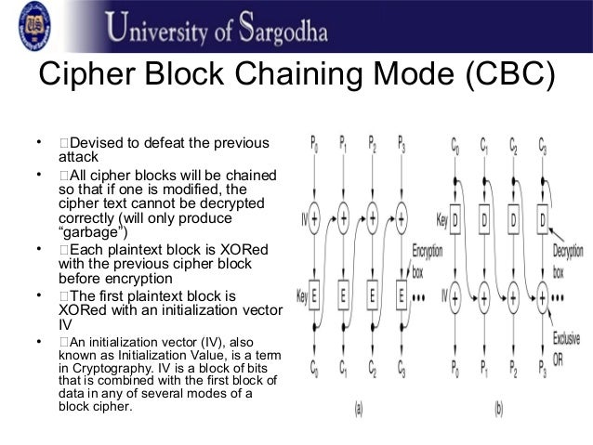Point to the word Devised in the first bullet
tap(100, 142)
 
